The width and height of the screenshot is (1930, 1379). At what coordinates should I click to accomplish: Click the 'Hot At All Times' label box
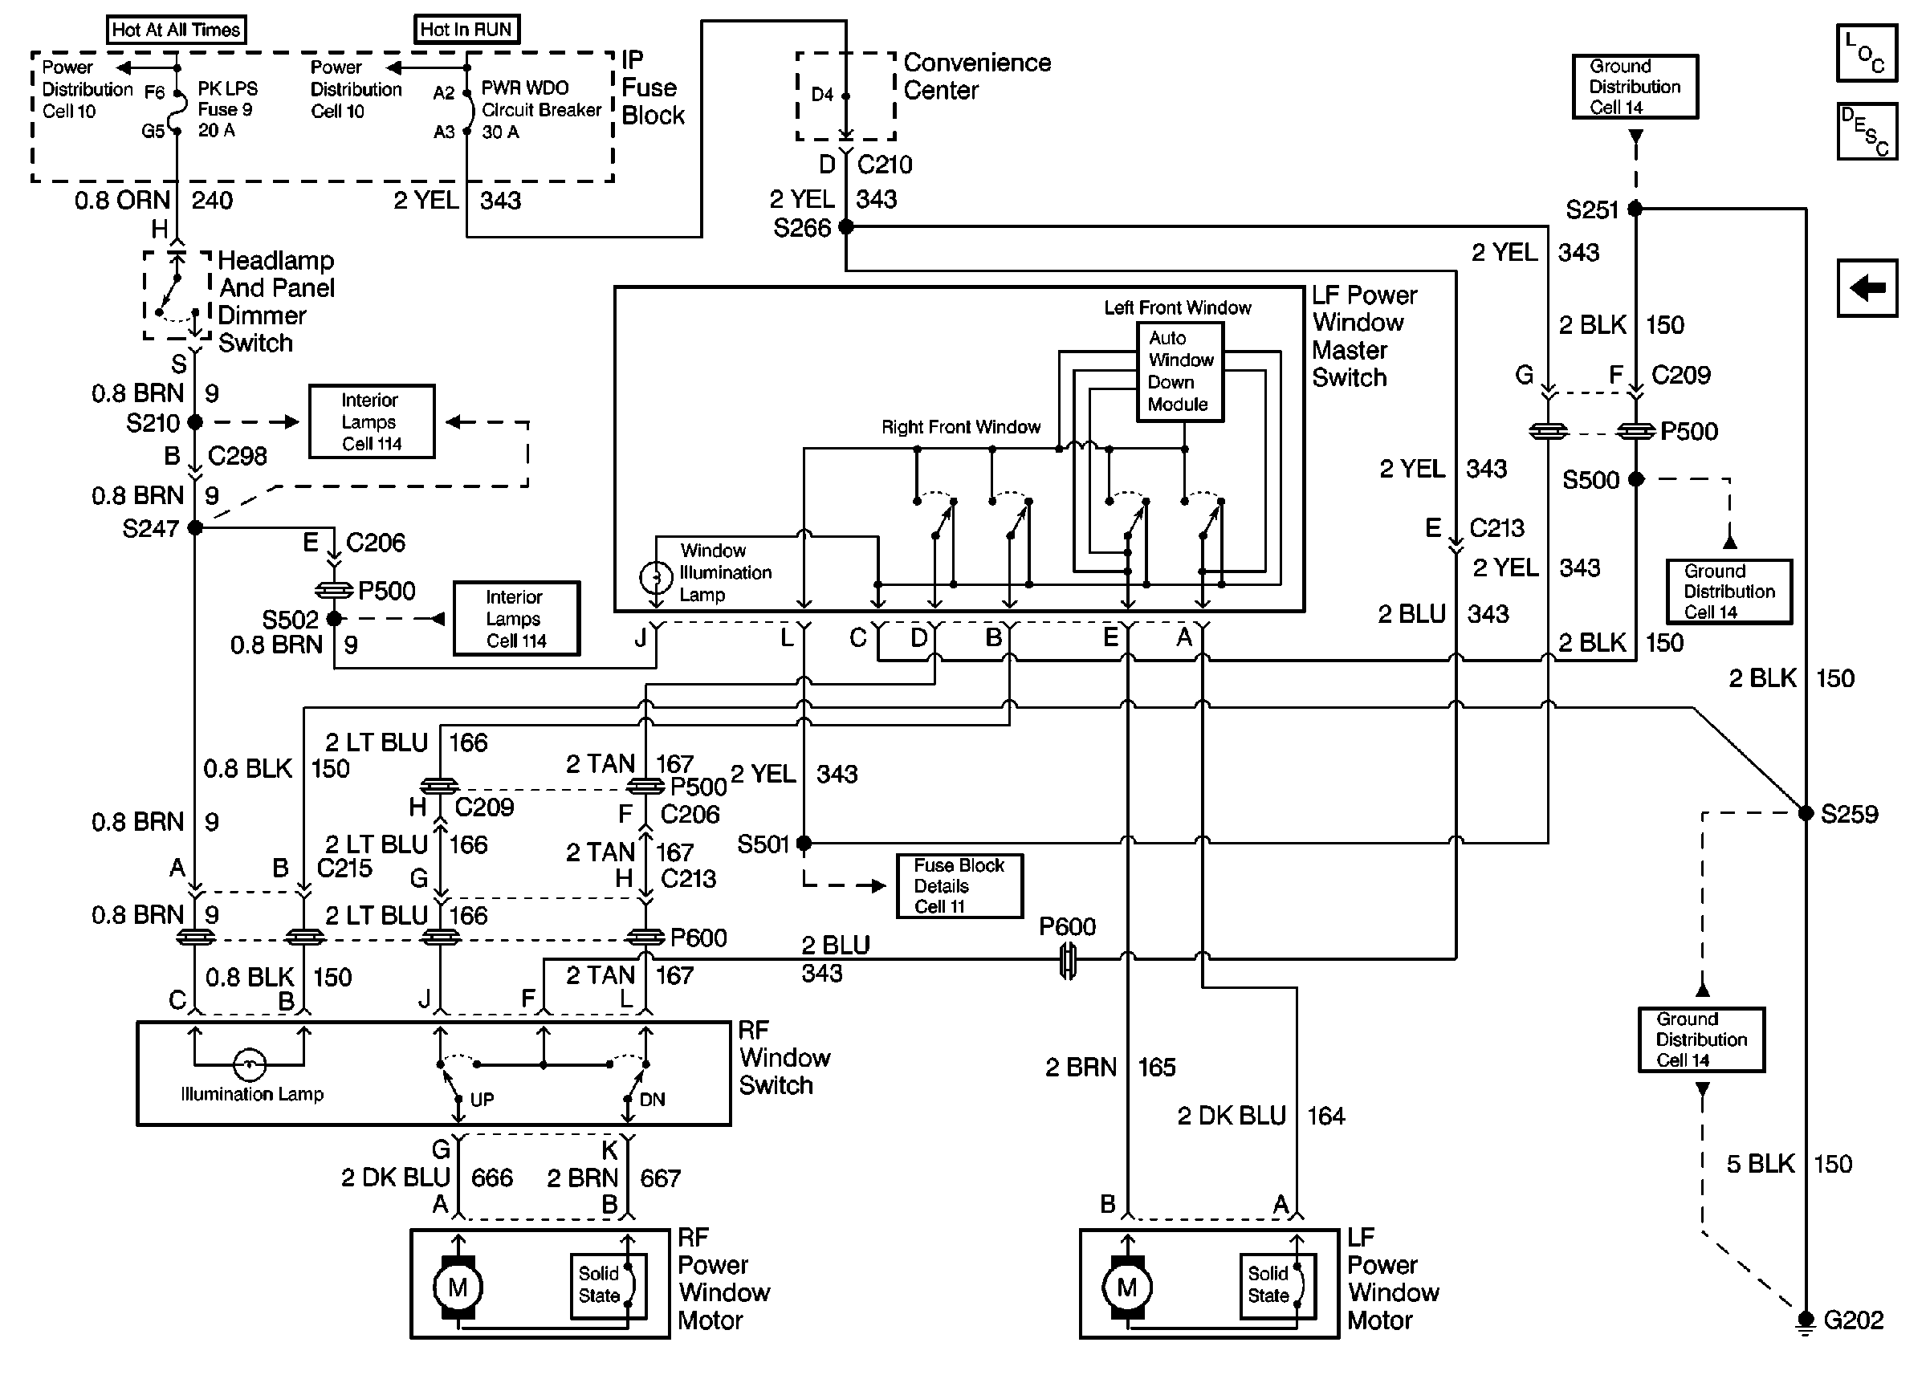tap(177, 30)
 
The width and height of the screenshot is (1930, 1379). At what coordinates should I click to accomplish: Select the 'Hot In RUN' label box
tap(466, 30)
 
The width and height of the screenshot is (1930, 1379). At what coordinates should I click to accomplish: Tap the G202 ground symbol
tap(1806, 1320)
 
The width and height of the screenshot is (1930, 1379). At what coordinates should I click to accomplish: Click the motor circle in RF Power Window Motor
tap(458, 1287)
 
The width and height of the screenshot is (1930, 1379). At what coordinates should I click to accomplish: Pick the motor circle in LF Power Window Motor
tap(1126, 1287)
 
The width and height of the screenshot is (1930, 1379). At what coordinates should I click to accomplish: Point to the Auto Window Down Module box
tap(1179, 371)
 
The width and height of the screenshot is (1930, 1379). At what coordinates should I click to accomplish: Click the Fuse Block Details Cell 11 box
tap(959, 885)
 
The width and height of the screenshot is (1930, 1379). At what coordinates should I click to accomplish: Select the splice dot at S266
tap(845, 226)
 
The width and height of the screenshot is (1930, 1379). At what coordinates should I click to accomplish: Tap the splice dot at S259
tap(1806, 812)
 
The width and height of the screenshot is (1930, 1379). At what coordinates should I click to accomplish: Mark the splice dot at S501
tap(804, 843)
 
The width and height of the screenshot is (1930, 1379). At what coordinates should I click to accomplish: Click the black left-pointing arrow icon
tap(1867, 288)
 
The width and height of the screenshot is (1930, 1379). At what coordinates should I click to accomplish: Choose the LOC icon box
tap(1866, 53)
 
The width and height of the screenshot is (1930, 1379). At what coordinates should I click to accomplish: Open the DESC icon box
tap(1867, 132)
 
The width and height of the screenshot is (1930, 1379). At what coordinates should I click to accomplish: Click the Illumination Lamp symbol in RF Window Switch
tap(249, 1064)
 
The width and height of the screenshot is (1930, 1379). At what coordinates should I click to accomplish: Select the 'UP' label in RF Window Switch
tap(482, 1100)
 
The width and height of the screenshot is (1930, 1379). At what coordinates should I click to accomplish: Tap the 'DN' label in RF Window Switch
tap(652, 1100)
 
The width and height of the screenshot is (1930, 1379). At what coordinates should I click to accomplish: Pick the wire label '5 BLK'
tap(1760, 1164)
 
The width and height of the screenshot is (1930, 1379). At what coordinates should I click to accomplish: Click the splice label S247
tap(150, 529)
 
